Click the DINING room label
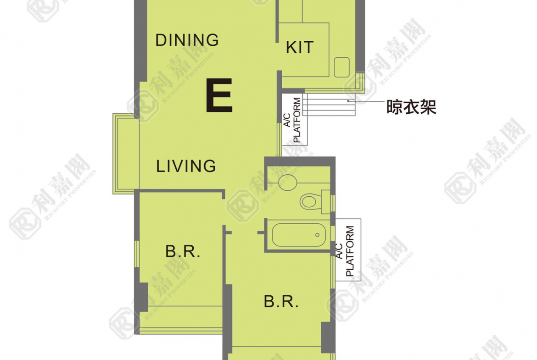pos(187,40)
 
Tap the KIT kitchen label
pos(300,47)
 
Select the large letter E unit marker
pos(219,95)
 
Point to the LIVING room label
pos(186,166)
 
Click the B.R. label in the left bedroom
pos(183,251)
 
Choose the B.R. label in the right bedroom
pos(281,301)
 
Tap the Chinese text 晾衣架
pos(411,107)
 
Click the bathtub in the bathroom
pos(299,235)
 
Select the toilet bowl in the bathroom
pos(309,201)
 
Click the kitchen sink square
pos(342,67)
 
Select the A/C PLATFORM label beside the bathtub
pos(345,251)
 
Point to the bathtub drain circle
pos(318,235)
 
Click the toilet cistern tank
pos(326,202)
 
